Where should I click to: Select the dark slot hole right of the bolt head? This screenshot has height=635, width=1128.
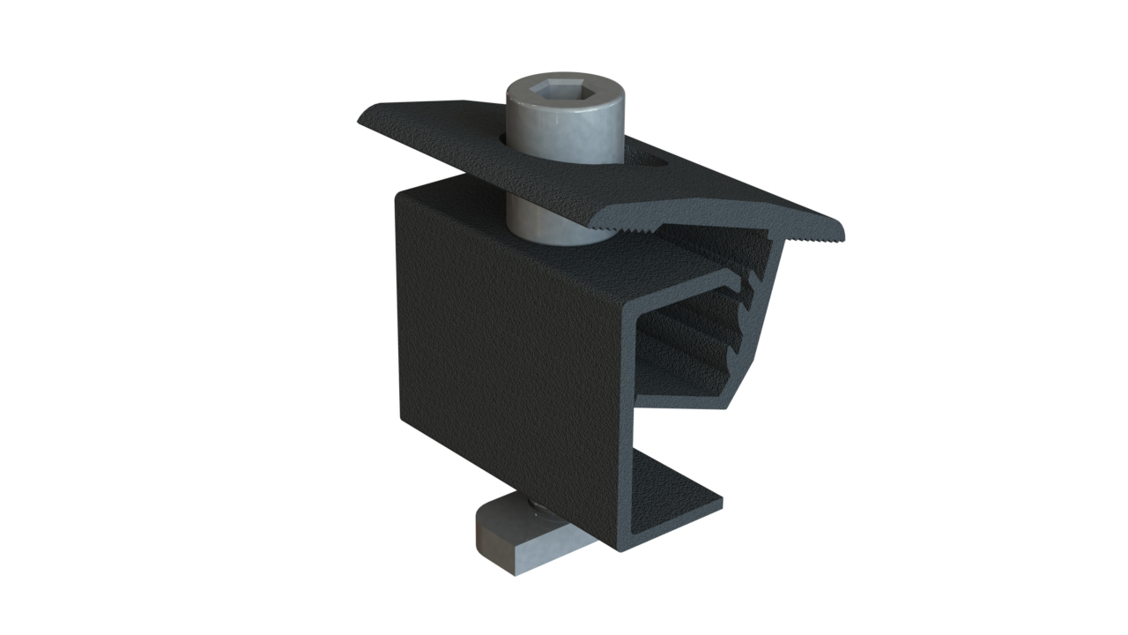click(x=654, y=162)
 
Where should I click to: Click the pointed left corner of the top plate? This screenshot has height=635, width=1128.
click(x=361, y=121)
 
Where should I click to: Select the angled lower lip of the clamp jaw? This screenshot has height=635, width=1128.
click(x=740, y=388)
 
